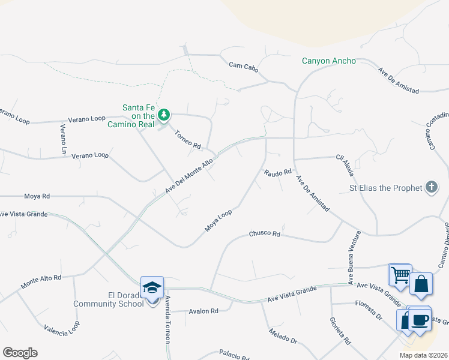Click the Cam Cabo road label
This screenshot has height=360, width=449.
[x=243, y=66]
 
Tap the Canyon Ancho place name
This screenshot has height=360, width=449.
[x=328, y=61]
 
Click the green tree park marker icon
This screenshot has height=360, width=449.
[x=163, y=115]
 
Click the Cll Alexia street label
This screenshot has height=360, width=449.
[x=345, y=165]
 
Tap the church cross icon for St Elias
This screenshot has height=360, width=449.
[x=431, y=188]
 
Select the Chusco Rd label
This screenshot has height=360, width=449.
[x=265, y=233]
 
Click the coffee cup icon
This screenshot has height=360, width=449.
[x=420, y=319]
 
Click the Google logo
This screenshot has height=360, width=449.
[x=20, y=353]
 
